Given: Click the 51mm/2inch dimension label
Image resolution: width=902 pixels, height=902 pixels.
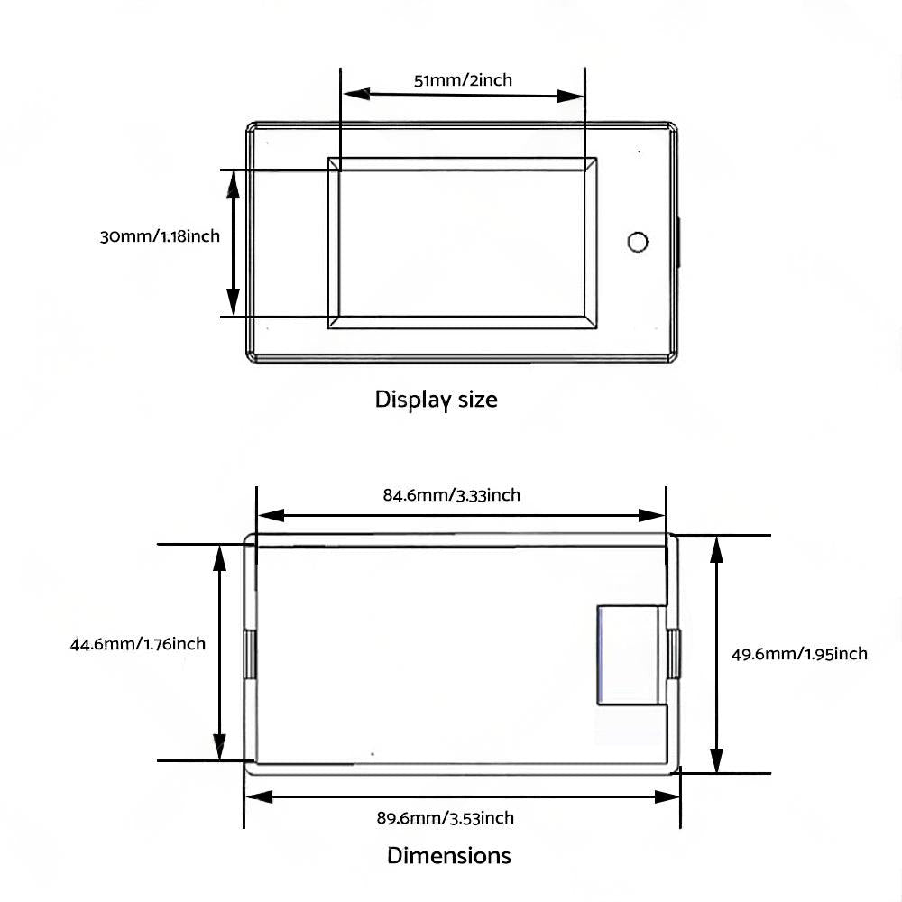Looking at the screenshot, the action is click(463, 80).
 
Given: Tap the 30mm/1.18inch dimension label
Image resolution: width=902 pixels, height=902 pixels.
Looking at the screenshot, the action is click(160, 236).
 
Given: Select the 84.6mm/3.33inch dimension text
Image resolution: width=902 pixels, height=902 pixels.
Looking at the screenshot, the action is click(452, 494).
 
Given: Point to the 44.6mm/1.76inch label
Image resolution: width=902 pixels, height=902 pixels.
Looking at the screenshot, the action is click(137, 643).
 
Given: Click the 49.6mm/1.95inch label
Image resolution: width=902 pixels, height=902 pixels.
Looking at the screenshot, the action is click(799, 653).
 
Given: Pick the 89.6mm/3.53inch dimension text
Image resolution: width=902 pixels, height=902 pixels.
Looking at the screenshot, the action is click(446, 817).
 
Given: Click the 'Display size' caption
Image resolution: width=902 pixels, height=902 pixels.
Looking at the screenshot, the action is click(436, 400).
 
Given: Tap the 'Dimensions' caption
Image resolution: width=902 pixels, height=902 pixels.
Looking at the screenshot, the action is click(448, 855).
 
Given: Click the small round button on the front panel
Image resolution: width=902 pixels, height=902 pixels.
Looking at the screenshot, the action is click(638, 242).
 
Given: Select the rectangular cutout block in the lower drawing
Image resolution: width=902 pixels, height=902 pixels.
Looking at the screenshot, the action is click(631, 655).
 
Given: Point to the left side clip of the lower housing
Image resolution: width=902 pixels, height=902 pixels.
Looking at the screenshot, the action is click(250, 655).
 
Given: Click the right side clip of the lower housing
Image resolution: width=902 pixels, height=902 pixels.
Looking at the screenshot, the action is click(673, 655).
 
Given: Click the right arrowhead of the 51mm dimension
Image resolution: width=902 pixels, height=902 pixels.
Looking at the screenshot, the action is click(571, 97).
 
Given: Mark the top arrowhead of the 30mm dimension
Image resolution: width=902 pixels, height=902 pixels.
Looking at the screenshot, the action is click(233, 185).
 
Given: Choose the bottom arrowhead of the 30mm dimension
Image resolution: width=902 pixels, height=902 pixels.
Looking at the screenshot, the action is click(233, 301).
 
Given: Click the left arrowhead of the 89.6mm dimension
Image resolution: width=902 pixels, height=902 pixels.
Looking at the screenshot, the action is click(259, 796).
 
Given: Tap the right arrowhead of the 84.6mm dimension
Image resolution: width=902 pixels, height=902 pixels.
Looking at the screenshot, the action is click(652, 515).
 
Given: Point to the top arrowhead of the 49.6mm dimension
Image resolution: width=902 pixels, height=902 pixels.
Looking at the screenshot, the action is click(716, 550).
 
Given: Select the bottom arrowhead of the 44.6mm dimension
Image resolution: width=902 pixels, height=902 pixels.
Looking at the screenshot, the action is click(219, 746).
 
